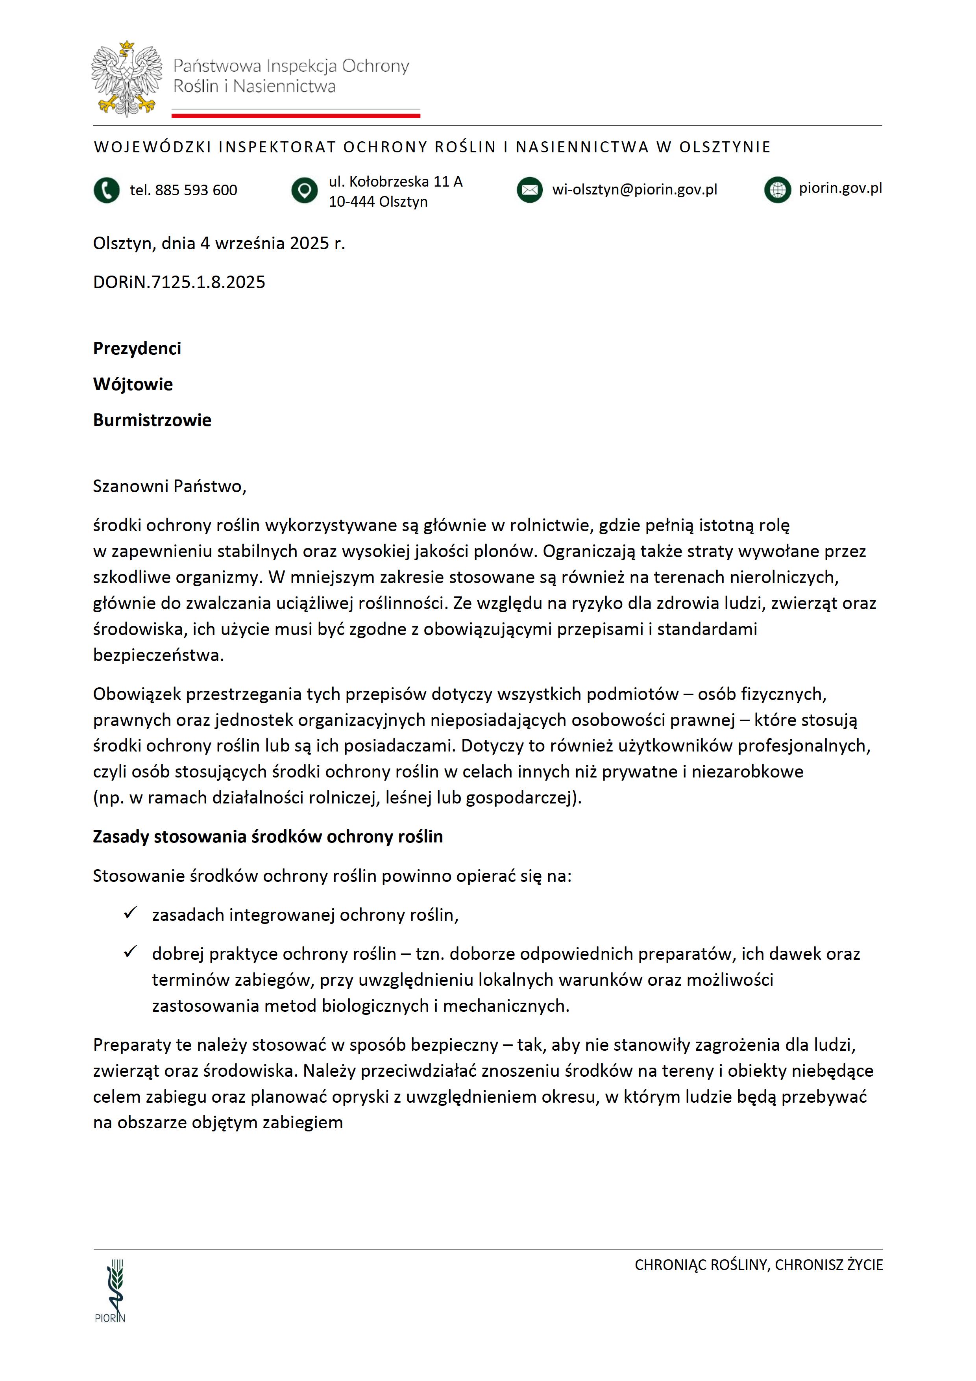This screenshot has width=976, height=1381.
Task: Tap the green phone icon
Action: point(106,190)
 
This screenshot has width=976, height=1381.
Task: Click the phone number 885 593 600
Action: point(183,190)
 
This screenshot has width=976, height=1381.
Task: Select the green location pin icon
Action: point(304,190)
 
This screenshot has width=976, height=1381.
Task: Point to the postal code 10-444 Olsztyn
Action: point(378,202)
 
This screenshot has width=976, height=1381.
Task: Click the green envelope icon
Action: point(529,190)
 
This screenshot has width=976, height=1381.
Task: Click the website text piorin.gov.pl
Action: point(840,188)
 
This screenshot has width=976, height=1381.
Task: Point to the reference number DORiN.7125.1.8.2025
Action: point(179,282)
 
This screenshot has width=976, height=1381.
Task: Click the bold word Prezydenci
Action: point(137,348)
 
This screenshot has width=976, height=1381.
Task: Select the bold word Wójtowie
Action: point(133,384)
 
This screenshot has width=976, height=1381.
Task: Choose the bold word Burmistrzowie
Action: point(152,420)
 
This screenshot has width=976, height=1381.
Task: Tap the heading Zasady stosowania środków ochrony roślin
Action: point(268,837)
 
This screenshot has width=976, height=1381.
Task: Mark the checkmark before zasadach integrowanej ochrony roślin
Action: point(130,913)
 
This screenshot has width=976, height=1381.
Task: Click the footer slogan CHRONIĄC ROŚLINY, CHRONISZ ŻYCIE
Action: point(758,1265)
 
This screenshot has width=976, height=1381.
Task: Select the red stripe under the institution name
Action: point(296,115)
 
